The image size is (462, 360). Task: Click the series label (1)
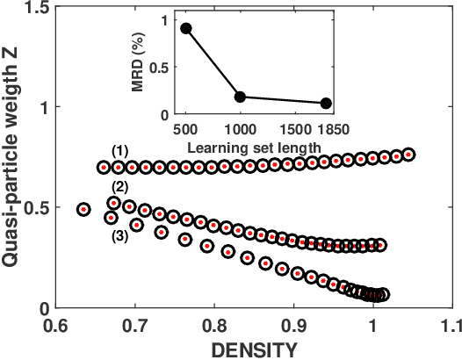[x=120, y=150]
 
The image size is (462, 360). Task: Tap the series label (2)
[x=120, y=186]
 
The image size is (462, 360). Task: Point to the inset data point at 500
[x=186, y=28]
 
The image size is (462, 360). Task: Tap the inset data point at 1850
[x=327, y=104]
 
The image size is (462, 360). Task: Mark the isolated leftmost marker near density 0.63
[x=83, y=210]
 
